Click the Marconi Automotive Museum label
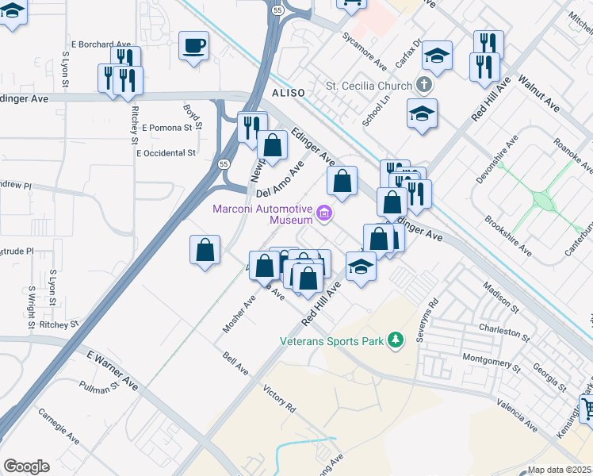click(261, 213)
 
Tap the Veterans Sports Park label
click(331, 341)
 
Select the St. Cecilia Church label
click(369, 86)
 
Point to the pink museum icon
click(323, 213)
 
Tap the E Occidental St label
click(166, 152)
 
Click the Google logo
click(26, 466)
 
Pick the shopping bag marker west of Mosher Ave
click(205, 250)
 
